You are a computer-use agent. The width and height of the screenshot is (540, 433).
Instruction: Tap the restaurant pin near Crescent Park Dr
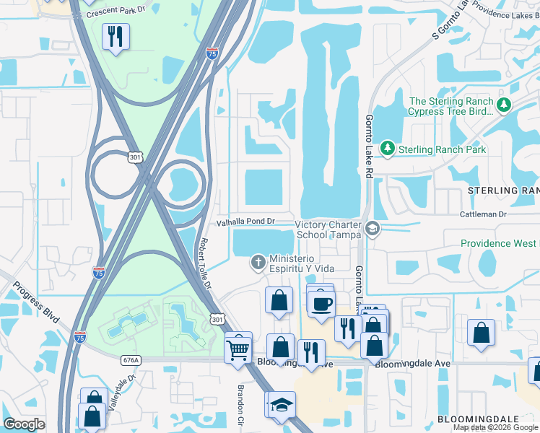pos(116,36)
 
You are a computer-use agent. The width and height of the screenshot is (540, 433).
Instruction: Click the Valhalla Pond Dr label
pos(247,222)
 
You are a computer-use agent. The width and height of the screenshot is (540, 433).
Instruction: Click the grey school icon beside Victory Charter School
pos(373,229)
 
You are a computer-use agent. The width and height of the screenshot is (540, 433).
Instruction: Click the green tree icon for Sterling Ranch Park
pos(388,149)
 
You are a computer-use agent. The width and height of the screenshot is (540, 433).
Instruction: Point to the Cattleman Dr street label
pos(484,214)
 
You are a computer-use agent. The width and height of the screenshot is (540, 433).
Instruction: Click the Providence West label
pos(498,243)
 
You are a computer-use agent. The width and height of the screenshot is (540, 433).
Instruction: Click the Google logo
pos(25,424)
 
